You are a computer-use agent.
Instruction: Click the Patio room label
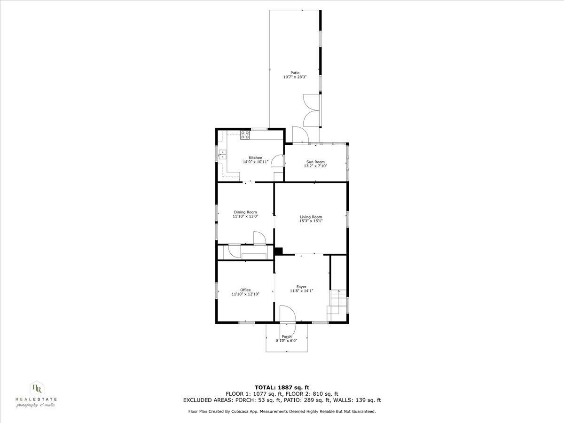pos(295,72)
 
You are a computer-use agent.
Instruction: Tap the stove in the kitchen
pos(245,135)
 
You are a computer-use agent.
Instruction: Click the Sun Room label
pos(315,162)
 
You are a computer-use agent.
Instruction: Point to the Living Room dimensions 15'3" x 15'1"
pos(311,221)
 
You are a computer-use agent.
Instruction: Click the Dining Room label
pos(245,212)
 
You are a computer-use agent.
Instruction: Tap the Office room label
pos(245,290)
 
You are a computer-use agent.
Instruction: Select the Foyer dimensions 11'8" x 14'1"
pos(302,291)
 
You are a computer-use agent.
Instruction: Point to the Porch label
pos(287,337)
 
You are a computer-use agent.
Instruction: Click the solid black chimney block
pos(278,251)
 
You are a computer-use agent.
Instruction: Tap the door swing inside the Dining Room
pos(259,238)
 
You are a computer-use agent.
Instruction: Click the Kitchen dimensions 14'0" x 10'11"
pos(256,162)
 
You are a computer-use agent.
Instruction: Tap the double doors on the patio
pos(311,110)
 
